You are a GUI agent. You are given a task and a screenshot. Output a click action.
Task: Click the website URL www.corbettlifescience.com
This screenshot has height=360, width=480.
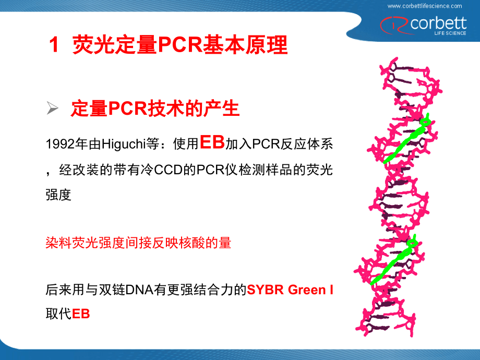point(425,6)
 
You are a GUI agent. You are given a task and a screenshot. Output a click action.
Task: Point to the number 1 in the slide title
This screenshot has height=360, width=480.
point(53,45)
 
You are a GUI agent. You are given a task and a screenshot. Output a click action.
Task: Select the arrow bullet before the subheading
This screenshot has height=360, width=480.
point(52,109)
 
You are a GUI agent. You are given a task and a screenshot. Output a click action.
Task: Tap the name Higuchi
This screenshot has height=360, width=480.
point(121,144)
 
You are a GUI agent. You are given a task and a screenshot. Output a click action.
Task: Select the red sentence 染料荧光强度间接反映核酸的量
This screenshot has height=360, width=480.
point(138,243)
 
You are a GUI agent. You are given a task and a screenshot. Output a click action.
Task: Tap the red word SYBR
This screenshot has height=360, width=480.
point(263,290)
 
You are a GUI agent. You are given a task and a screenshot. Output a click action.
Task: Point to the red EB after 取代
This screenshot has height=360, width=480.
point(81,314)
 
